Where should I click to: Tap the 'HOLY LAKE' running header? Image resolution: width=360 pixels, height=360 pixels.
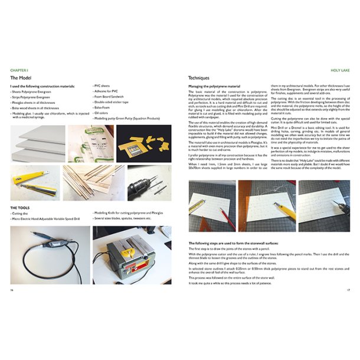(341, 70)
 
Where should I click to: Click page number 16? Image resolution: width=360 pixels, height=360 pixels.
(12, 290)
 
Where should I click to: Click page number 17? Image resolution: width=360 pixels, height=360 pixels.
(348, 290)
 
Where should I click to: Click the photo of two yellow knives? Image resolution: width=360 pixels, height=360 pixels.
(34, 181)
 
